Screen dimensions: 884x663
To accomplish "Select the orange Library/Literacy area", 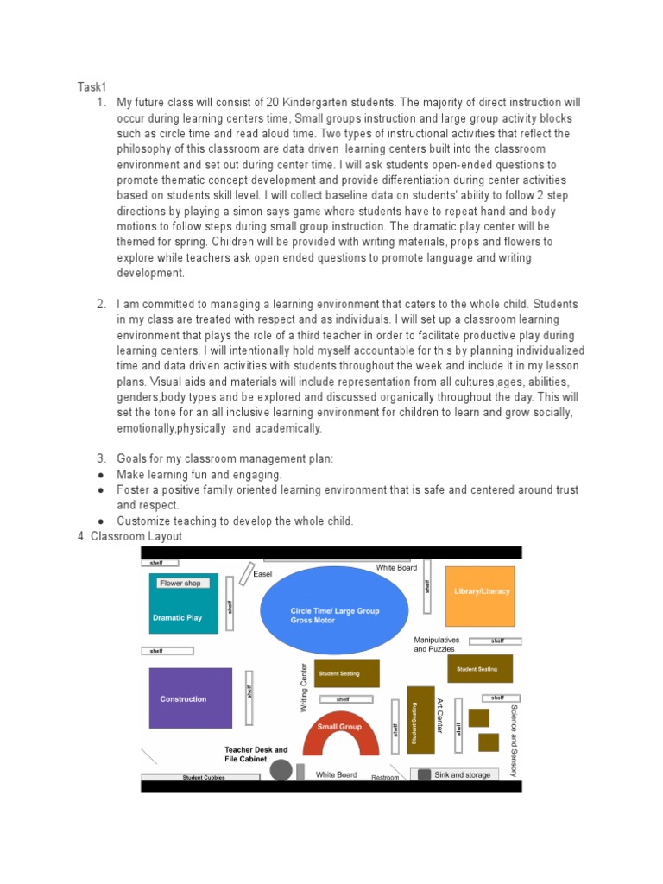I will click(x=480, y=596).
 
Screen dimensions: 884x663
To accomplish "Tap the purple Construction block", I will click(x=190, y=698).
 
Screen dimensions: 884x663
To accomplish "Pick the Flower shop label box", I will click(x=180, y=584).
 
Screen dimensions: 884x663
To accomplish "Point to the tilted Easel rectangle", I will click(x=246, y=573).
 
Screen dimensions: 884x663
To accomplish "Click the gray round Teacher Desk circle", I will click(x=281, y=770).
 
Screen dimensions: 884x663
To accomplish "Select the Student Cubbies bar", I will click(x=204, y=777).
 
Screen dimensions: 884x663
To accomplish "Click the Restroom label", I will click(x=385, y=777).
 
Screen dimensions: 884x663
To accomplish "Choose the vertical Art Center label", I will click(x=439, y=716).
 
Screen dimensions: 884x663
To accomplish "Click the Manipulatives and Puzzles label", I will click(x=436, y=644).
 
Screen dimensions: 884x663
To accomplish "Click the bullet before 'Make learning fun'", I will click(x=101, y=475).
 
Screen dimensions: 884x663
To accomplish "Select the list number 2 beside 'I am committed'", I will click(x=101, y=304).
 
